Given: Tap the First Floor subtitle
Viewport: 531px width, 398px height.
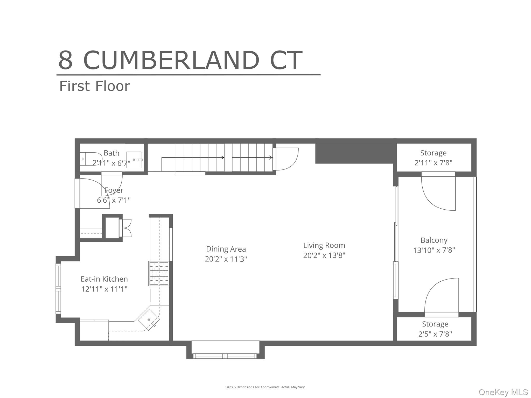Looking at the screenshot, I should tap(95, 86).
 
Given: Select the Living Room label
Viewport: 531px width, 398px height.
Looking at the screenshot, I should tap(324, 245).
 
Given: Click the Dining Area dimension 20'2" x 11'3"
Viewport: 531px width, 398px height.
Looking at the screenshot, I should tap(226, 259).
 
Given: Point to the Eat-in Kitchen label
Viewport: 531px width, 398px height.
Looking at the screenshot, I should tap(104, 279).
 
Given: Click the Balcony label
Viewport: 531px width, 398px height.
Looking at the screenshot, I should tap(434, 240).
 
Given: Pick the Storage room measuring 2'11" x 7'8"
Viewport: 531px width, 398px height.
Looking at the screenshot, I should tap(434, 158).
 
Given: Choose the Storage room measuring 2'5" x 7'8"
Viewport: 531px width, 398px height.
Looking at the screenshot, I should tap(435, 329).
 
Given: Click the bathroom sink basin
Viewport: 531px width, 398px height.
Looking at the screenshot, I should tap(134, 160).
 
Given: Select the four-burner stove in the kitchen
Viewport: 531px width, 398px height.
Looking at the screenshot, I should tap(159, 273).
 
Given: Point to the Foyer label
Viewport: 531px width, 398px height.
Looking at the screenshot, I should tap(114, 190).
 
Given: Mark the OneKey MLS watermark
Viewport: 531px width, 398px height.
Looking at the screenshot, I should tap(503, 392).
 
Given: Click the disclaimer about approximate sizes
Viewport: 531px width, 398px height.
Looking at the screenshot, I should tap(265, 387).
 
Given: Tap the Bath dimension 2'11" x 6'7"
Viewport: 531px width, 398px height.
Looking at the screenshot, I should tap(111, 163).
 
